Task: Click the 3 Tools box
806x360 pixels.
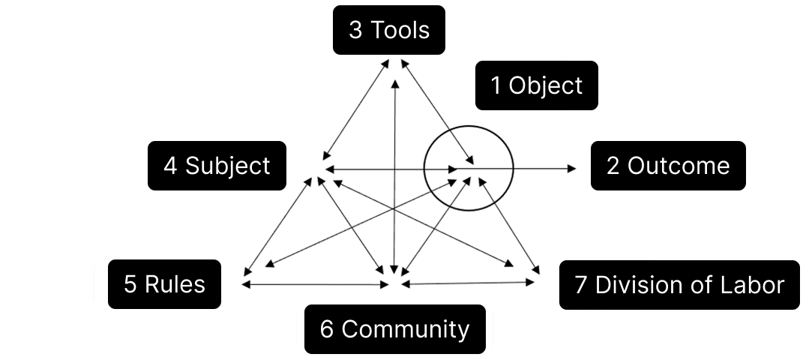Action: [x=388, y=30]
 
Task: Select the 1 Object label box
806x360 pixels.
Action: [x=536, y=85]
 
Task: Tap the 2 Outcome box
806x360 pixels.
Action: [x=667, y=165]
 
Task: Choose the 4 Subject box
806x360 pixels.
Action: [x=217, y=165]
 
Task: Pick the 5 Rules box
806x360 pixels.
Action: [x=164, y=284]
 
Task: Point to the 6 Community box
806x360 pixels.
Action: [x=394, y=328]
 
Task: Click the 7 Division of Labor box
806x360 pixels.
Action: [x=679, y=284]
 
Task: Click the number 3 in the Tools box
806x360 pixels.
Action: [x=355, y=30]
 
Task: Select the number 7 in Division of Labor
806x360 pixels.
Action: [x=581, y=285]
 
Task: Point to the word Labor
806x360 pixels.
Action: [x=757, y=285]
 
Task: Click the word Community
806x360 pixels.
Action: [x=406, y=328]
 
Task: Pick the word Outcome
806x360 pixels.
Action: [x=678, y=165]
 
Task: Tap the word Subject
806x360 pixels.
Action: [x=227, y=165]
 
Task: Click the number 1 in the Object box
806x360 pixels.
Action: [x=496, y=85]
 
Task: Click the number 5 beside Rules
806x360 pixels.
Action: [x=130, y=284]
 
